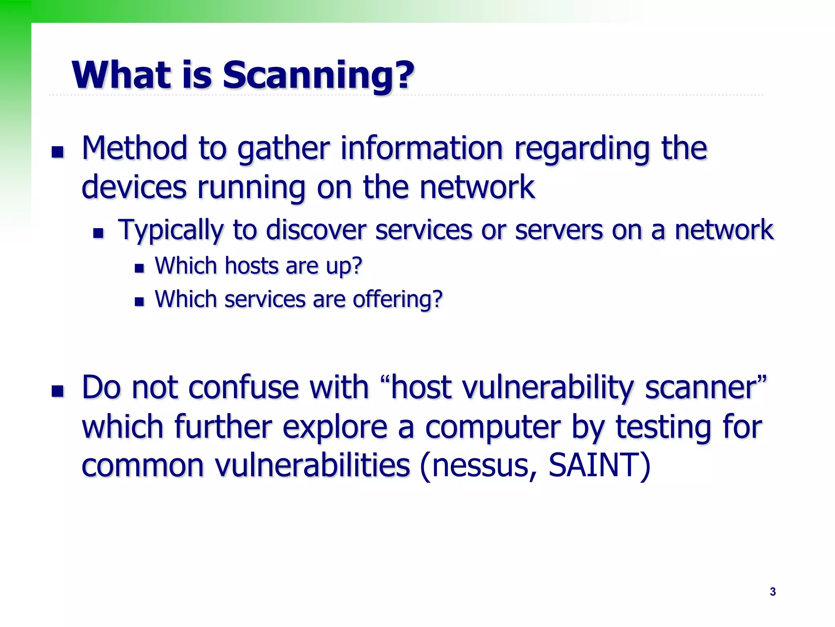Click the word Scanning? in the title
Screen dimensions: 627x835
point(318,76)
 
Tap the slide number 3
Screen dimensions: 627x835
point(773,591)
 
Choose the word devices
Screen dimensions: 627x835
point(134,187)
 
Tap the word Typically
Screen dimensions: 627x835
point(170,230)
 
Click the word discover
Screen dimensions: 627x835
point(316,230)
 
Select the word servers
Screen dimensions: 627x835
point(559,230)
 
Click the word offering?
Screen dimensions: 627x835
point(398,300)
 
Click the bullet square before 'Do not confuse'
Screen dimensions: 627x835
point(58,391)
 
